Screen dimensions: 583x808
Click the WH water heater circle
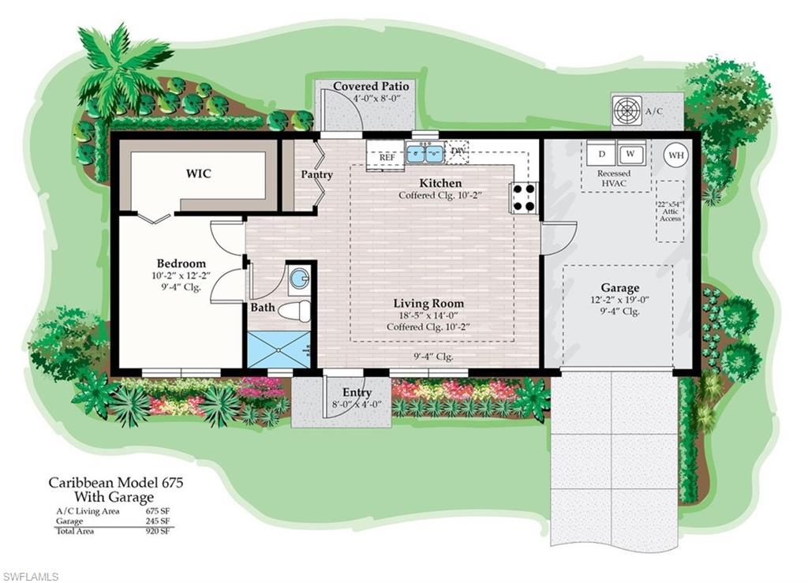[x=676, y=155]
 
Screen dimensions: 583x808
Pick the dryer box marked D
[x=601, y=153]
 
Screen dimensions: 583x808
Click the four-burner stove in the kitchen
[x=523, y=198]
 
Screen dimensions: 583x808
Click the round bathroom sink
[x=298, y=278]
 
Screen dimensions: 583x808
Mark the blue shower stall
[x=279, y=349]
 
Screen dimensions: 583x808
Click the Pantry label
[x=316, y=174]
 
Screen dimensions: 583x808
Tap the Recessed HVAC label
[x=613, y=178]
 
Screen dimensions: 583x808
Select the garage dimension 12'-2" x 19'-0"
[x=619, y=300]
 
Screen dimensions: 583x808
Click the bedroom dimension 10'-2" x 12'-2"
[x=181, y=276]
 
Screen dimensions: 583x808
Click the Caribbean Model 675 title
[x=115, y=481]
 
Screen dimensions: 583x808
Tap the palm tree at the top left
[x=122, y=63]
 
